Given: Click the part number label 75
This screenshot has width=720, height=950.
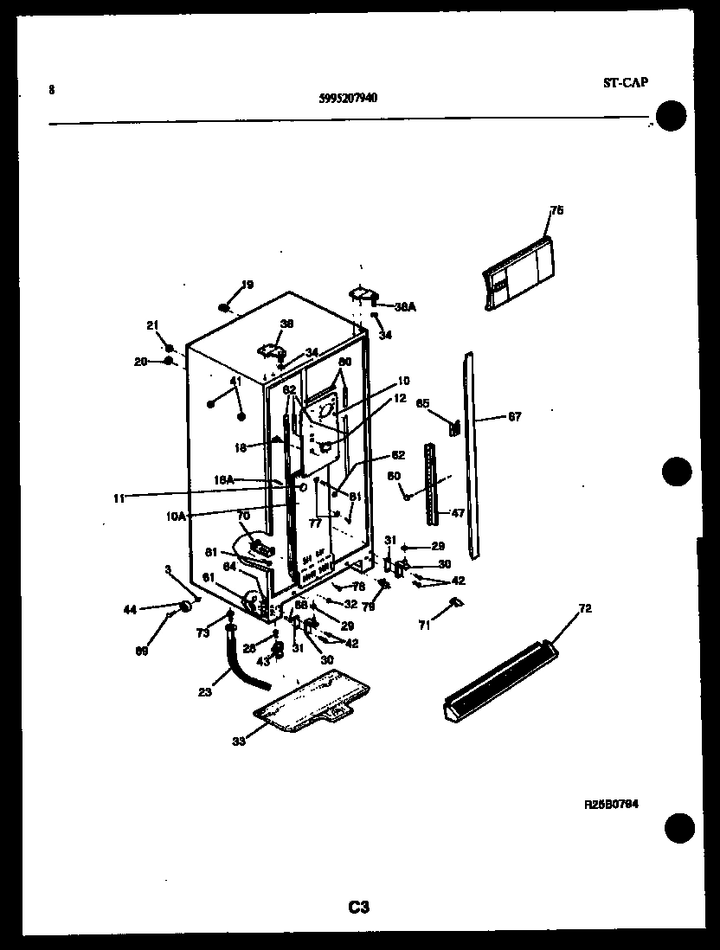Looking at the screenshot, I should click(556, 210).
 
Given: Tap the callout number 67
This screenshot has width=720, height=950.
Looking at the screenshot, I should click(514, 417).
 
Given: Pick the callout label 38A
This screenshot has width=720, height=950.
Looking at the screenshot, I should click(405, 306).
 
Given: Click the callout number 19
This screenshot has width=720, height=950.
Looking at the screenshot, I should click(247, 285).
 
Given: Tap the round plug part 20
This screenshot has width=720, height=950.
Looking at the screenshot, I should click(169, 360).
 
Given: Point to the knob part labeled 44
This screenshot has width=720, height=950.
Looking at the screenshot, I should click(183, 611).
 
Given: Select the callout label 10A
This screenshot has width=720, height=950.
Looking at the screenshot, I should click(176, 516).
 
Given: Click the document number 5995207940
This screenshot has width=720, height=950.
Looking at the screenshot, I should click(348, 98).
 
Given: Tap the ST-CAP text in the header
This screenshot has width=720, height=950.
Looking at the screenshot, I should click(625, 83).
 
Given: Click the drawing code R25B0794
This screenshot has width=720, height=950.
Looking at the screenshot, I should click(611, 804).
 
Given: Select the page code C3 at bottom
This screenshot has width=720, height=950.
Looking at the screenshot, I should click(359, 907).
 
